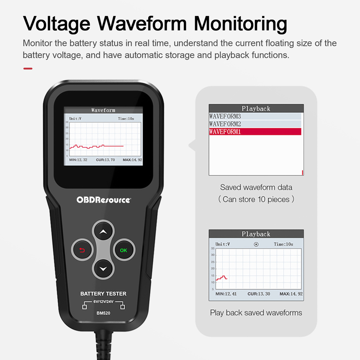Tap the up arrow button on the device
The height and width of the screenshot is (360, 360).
click(x=103, y=231)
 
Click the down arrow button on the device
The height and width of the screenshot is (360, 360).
click(x=103, y=269)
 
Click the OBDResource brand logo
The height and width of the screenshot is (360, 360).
click(x=103, y=200)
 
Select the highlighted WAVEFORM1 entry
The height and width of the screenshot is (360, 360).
click(x=255, y=131)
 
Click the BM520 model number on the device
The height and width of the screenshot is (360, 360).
click(x=103, y=313)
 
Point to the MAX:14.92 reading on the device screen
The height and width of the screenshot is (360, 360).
click(x=132, y=160)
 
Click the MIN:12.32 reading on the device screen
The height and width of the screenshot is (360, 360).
click(x=78, y=160)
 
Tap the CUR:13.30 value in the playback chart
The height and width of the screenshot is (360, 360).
click(x=259, y=293)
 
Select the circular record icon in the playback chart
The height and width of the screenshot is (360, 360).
click(x=256, y=244)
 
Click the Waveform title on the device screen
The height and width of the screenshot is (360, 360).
click(x=103, y=110)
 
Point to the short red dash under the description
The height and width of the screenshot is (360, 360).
click(x=28, y=68)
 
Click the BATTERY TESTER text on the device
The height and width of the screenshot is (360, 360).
click(x=103, y=293)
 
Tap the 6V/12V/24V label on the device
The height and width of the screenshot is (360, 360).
click(x=103, y=302)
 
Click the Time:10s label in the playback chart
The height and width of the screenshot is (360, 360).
click(x=283, y=244)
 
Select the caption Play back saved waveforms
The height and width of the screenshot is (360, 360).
click(x=256, y=313)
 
